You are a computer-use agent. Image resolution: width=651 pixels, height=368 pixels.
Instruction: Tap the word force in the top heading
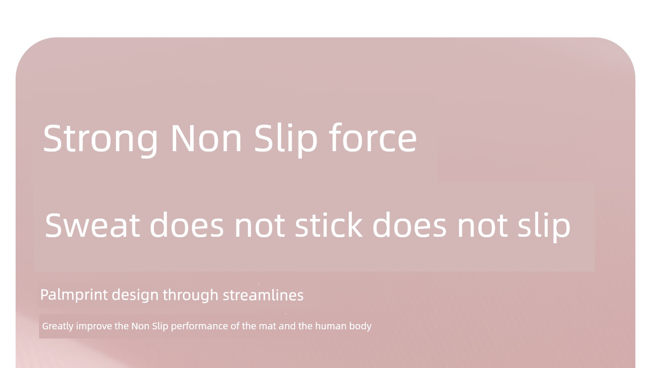pos(373,137)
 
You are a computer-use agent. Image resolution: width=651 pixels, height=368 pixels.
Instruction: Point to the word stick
pos(329,225)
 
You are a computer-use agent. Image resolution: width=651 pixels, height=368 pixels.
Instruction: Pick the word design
pos(135,295)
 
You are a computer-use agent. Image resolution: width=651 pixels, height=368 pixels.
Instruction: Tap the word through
pos(191,295)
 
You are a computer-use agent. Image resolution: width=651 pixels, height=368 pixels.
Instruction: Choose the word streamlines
pos(263,295)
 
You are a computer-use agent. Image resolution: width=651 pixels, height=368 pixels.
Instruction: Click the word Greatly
pos(58,326)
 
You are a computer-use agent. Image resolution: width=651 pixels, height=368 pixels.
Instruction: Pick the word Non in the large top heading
pos(206,138)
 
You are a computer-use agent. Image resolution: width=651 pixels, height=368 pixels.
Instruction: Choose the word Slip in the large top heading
pos(286,139)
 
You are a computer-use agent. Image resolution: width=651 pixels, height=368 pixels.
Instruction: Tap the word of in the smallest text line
pos(235,326)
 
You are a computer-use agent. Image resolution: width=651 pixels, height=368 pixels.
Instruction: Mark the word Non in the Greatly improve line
pos(140,326)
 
